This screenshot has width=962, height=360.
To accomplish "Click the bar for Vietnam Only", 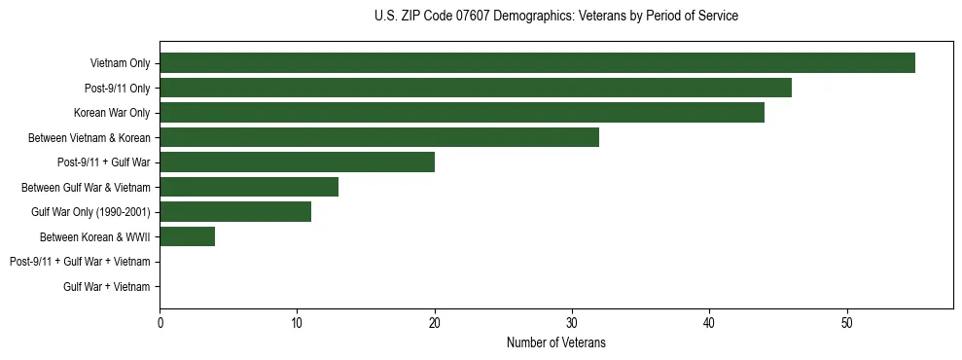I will [x=537, y=63].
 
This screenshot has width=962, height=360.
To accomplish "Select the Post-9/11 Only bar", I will [x=476, y=89].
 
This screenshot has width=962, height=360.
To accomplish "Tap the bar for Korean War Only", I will [x=462, y=113].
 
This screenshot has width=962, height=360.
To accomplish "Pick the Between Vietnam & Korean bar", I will [x=379, y=137].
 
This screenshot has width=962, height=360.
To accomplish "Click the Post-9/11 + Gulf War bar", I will [x=297, y=162].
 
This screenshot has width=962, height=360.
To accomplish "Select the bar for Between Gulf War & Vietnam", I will [x=249, y=187].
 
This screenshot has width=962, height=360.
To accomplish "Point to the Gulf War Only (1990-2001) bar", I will [x=235, y=212].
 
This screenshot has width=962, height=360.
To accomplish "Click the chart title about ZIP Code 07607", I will [x=555, y=17].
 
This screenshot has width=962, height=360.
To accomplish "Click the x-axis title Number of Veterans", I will [x=555, y=342].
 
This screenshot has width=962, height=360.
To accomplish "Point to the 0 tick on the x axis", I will [x=160, y=323].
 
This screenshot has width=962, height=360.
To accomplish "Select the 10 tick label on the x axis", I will [x=297, y=323].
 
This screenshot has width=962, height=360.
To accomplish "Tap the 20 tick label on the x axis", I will [x=435, y=323].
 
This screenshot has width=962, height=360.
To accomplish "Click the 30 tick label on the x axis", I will [x=572, y=323].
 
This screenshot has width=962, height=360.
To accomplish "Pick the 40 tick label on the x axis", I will [x=710, y=323].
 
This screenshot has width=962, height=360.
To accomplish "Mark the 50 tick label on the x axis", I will [x=847, y=323].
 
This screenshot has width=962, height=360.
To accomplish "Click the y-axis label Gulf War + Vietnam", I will [x=106, y=287].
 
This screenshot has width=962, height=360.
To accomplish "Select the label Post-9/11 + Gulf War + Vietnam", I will [x=80, y=262].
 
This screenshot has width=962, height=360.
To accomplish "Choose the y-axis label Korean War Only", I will [x=112, y=113].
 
